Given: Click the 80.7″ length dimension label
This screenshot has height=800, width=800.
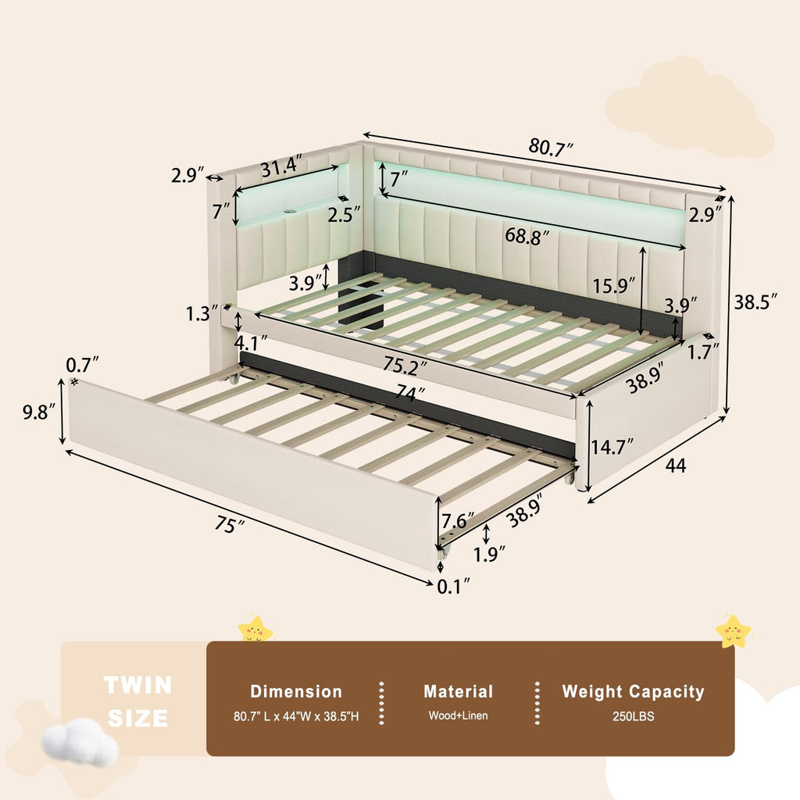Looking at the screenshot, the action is pos(551,147).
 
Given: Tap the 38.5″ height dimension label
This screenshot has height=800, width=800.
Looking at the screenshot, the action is pos(755,302).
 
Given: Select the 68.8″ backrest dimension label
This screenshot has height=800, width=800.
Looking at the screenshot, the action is pos(527,236).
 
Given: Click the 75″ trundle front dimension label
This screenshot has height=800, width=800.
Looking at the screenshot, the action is pos(229,523).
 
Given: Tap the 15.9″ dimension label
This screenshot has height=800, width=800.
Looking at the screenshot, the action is pos(614,285).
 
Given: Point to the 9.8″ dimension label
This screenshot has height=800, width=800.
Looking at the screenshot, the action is pos(39,412).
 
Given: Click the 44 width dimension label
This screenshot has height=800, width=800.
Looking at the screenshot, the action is pos(676,466).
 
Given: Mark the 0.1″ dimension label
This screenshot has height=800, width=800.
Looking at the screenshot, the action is pos(454,586).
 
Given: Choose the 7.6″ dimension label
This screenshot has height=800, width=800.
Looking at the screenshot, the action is pos(458,521).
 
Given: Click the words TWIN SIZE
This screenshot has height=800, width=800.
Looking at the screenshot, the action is pos(137,702).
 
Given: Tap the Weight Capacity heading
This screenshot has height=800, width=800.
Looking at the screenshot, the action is pos(633,691).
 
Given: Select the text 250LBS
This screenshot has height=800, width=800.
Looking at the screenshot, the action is pos(633,716).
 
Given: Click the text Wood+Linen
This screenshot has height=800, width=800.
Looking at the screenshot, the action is pos(458,716).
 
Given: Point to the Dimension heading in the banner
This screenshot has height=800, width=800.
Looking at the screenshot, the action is pos(296,691).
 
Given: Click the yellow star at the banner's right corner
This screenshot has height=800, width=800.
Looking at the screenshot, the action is pos(733,631).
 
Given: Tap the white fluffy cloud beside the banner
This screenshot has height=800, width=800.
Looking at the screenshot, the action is pos(80,742).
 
